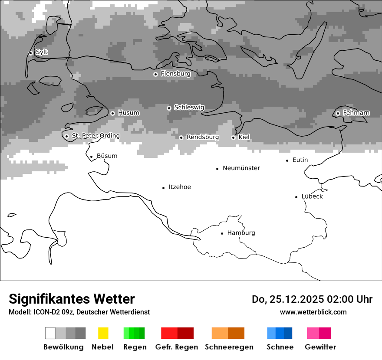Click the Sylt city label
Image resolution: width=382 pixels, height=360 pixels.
coord(42,52)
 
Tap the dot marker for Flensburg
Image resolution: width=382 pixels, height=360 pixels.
coord(155,74)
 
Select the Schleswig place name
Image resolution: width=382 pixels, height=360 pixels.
coord(189,108)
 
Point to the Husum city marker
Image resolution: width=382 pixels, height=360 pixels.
coord(112,113)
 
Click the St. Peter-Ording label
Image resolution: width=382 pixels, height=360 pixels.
coord(95,136)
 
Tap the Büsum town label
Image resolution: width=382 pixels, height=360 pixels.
coord(107,156)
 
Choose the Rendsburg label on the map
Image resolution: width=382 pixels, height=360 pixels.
coord(203,137)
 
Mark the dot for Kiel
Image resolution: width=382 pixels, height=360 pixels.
coord(233,137)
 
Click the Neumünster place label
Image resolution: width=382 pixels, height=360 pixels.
coord(241,168)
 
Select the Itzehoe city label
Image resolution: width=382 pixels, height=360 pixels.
coord(180,187)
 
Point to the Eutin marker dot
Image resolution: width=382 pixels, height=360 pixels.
coord(287,160)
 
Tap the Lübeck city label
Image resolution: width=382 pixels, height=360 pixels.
coord(312,196)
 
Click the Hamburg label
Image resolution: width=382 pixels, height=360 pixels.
coord(241,233)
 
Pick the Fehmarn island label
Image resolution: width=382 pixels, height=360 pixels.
coord(356,113)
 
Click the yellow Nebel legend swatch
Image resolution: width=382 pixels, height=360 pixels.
coord(103,333)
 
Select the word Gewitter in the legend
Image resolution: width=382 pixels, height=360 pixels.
coord(320,347)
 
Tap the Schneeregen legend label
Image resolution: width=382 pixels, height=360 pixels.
coord(229,347)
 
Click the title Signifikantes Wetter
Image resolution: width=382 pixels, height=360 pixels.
coord(72,299)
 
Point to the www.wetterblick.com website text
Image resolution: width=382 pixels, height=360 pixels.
coord(313,312)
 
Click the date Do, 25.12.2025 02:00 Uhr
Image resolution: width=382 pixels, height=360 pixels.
coord(312,299)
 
